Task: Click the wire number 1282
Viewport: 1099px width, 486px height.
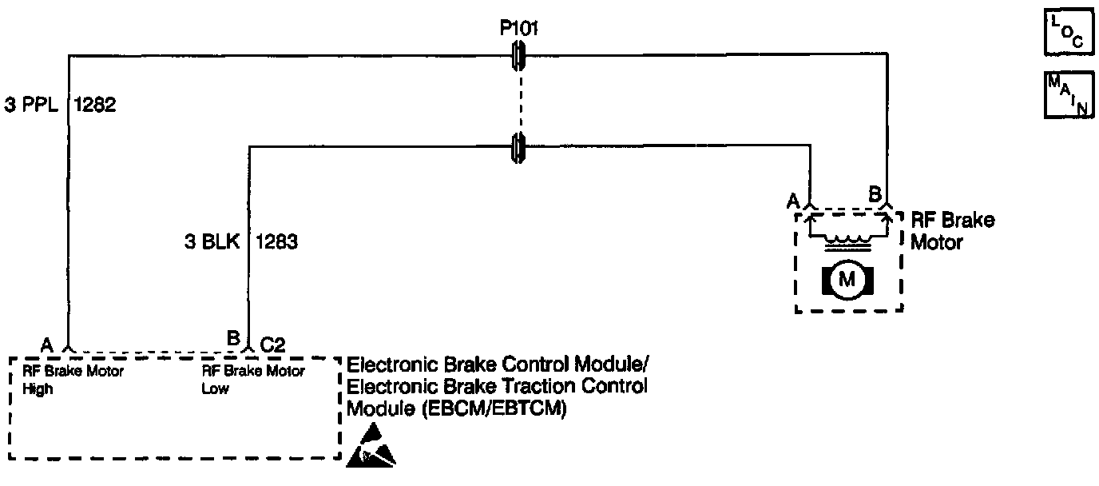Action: pyautogui.click(x=96, y=105)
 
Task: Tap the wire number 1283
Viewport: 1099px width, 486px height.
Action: pyautogui.click(x=276, y=241)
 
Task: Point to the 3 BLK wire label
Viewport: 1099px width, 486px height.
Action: pyautogui.click(x=211, y=241)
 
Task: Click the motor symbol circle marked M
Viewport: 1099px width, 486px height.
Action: pyautogui.click(x=847, y=279)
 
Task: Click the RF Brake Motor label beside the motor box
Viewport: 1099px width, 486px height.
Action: pyautogui.click(x=952, y=230)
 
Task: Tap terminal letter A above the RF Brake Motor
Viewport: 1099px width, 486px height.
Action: pyautogui.click(x=793, y=201)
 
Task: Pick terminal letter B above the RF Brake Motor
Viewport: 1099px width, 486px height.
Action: pyautogui.click(x=875, y=193)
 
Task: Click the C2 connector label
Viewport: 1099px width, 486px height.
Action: pyautogui.click(x=273, y=345)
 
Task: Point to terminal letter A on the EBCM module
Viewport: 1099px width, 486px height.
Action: pyautogui.click(x=47, y=345)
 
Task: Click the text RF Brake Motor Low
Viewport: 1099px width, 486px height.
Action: pyautogui.click(x=252, y=380)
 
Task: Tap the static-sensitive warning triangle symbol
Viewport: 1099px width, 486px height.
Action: pyautogui.click(x=371, y=446)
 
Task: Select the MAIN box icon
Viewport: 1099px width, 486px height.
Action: pyautogui.click(x=1068, y=95)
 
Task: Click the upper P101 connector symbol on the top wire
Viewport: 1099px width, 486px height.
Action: pyautogui.click(x=518, y=55)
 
